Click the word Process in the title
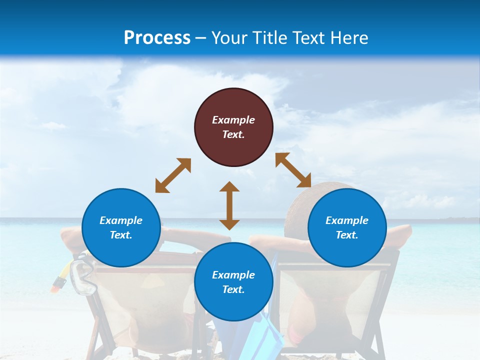coord(157,38)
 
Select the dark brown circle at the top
coord(233,127)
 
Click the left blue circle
coord(121,227)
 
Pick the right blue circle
coord(347,227)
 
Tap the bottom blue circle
coord(233,282)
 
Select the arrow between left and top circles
coord(173,175)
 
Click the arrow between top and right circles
coord(293,170)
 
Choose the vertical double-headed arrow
coord(229,205)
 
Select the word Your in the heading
coord(229,38)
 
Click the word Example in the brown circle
coord(233,120)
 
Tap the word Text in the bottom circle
coord(233,289)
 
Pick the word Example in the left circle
coord(121,220)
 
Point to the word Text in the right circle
coord(347,235)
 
